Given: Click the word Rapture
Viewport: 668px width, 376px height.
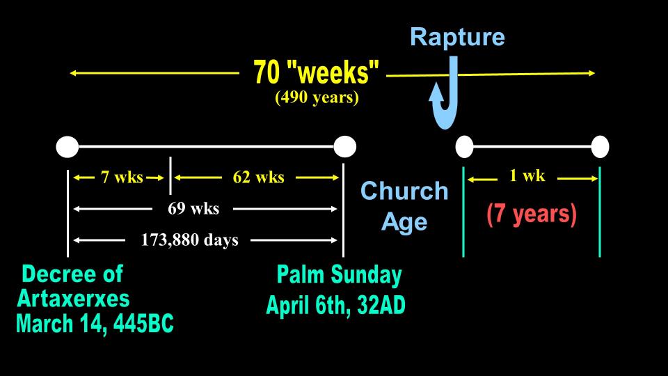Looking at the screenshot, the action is coord(457,37).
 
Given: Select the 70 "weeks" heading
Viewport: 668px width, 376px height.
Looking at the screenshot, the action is coord(316,71).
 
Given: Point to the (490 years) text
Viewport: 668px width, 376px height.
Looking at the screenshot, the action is coord(317,97).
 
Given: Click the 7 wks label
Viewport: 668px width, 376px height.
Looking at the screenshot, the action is coord(122,178).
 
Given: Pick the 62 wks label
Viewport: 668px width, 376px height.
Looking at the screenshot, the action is coord(258,178).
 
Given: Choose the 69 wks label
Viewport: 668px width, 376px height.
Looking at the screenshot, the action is coord(193,208).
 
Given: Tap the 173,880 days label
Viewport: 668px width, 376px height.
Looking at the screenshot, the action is coord(189,240).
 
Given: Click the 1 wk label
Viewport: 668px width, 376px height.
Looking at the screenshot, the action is coord(527,175).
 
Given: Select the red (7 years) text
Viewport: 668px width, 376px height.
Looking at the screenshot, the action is coord(531,214).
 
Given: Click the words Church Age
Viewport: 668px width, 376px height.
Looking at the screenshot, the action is coord(404,206).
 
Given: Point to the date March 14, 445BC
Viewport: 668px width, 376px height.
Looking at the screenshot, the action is coord(95,324).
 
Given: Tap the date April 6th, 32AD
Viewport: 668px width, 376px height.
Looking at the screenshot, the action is coord(335,305).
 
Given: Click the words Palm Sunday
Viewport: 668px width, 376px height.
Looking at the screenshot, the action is coord(339,275).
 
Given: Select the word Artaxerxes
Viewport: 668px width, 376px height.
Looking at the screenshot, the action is coord(73,299).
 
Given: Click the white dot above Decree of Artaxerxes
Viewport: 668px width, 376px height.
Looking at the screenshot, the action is coord(67,147).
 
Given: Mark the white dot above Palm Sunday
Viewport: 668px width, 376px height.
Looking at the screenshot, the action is coord(344,147).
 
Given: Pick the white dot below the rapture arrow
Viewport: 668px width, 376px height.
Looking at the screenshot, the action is coord(464,147).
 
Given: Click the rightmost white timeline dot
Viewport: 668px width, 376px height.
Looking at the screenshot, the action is coord(600,147).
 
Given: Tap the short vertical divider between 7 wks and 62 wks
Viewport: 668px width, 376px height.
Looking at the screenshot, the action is coord(170,175).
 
